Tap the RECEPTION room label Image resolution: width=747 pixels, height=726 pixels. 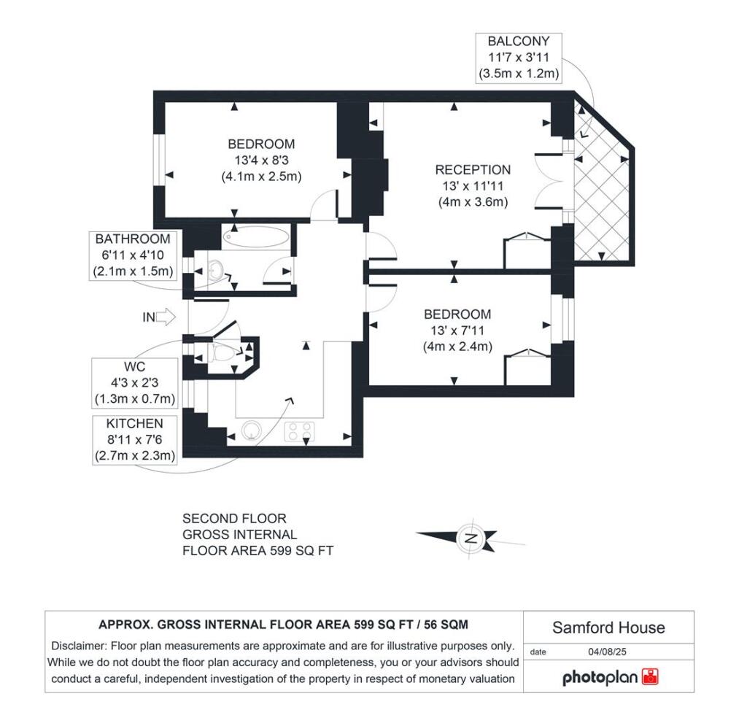click(x=473, y=170)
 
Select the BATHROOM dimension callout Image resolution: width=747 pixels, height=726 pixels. click(x=133, y=255)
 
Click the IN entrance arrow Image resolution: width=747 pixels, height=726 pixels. click(x=158, y=317)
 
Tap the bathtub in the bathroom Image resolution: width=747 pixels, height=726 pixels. click(x=257, y=236)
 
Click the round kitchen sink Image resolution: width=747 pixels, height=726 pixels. click(x=251, y=430)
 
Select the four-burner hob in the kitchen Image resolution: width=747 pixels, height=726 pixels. click(x=300, y=431)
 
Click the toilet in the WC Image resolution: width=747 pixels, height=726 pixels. click(x=225, y=354)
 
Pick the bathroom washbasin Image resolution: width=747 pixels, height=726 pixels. click(x=214, y=271)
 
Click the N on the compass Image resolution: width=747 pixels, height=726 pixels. click(x=471, y=539)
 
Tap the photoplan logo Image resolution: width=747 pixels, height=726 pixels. click(x=610, y=677)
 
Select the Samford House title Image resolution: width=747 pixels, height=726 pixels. click(x=608, y=627)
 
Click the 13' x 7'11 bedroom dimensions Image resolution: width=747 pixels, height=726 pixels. click(x=457, y=331)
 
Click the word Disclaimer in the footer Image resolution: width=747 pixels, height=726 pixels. click(x=80, y=646)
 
